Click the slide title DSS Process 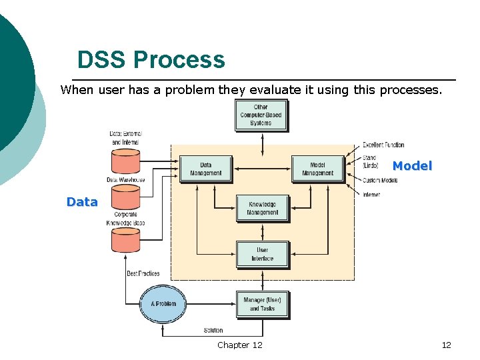151,60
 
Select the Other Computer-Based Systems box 261,115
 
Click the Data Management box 206,169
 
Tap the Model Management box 317,169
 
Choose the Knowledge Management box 262,209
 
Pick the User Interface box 262,255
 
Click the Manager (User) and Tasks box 262,304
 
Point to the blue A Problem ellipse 163,304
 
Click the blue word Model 412,166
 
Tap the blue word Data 82,202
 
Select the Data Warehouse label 125,180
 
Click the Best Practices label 143,273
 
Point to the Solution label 213,331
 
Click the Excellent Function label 383,145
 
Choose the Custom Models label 380,181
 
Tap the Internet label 371,195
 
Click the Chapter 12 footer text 239,345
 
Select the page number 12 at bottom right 446,345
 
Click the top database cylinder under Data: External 125,161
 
